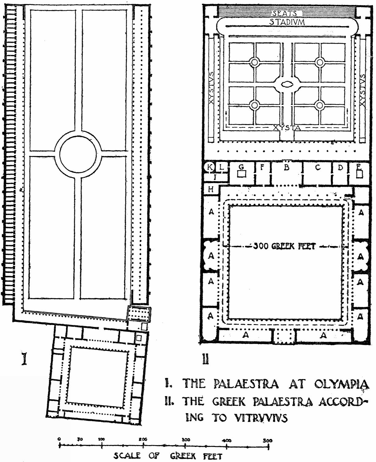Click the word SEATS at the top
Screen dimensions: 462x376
pos(285,13)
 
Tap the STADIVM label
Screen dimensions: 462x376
pos(287,22)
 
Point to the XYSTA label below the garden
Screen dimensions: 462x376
pos(287,128)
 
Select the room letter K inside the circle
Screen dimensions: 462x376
pos(210,168)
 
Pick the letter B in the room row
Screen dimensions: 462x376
pos(287,168)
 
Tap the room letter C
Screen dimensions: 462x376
pos(318,167)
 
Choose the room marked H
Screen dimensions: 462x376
pos(211,189)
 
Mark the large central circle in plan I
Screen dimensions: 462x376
pos(80,153)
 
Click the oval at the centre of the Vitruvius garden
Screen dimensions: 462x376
pos(287,84)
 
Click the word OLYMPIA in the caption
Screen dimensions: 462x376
pos(341,384)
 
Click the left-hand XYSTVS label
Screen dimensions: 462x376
pos(211,88)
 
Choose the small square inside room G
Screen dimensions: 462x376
pos(242,174)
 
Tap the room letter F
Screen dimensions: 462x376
pos(262,167)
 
